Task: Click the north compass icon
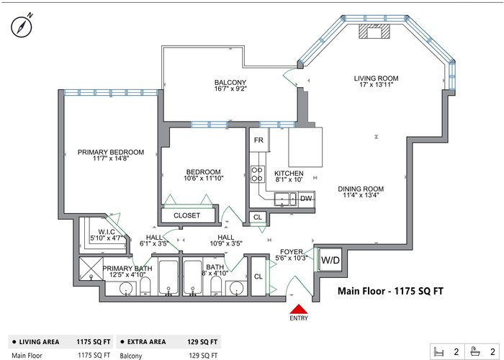[x=22, y=26]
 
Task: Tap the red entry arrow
[x=299, y=309]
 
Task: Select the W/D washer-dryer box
[x=330, y=260]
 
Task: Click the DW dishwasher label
[x=306, y=198]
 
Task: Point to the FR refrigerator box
[x=258, y=140]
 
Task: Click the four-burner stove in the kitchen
[x=257, y=174]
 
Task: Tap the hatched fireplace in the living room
[x=374, y=31]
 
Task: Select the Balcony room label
[x=230, y=82]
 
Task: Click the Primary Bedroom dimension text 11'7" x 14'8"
[x=111, y=158]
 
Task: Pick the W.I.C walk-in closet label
[x=107, y=232]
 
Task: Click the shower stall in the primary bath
[x=91, y=268]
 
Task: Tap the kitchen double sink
[x=285, y=199]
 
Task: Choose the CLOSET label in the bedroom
[x=186, y=215]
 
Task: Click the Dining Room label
[x=361, y=189]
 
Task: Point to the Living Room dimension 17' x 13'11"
[x=376, y=84]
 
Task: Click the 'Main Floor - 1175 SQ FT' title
[x=390, y=291]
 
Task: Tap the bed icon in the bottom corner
[x=438, y=351]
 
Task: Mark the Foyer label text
[x=291, y=252]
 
